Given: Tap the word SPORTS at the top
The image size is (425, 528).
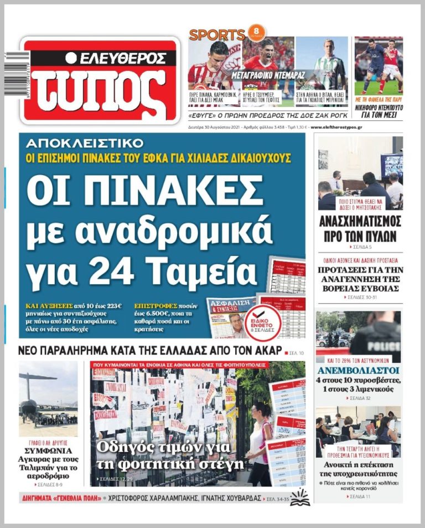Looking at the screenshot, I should pyautogui.click(x=217, y=34).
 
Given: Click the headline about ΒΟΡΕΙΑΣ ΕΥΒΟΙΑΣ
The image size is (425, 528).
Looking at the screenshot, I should pyautogui.click(x=360, y=279).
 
